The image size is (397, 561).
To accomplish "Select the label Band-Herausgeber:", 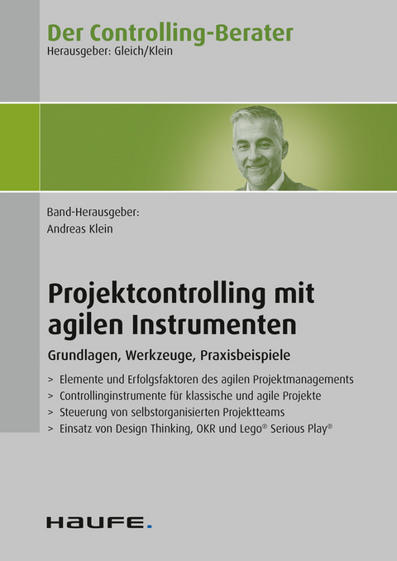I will pos(93,213).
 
